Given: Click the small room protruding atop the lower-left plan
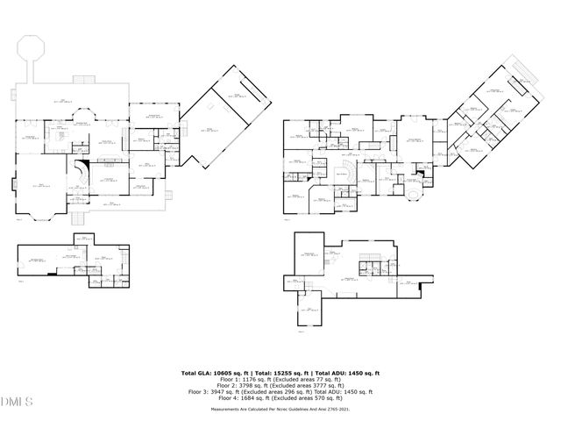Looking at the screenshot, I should point(84,238).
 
